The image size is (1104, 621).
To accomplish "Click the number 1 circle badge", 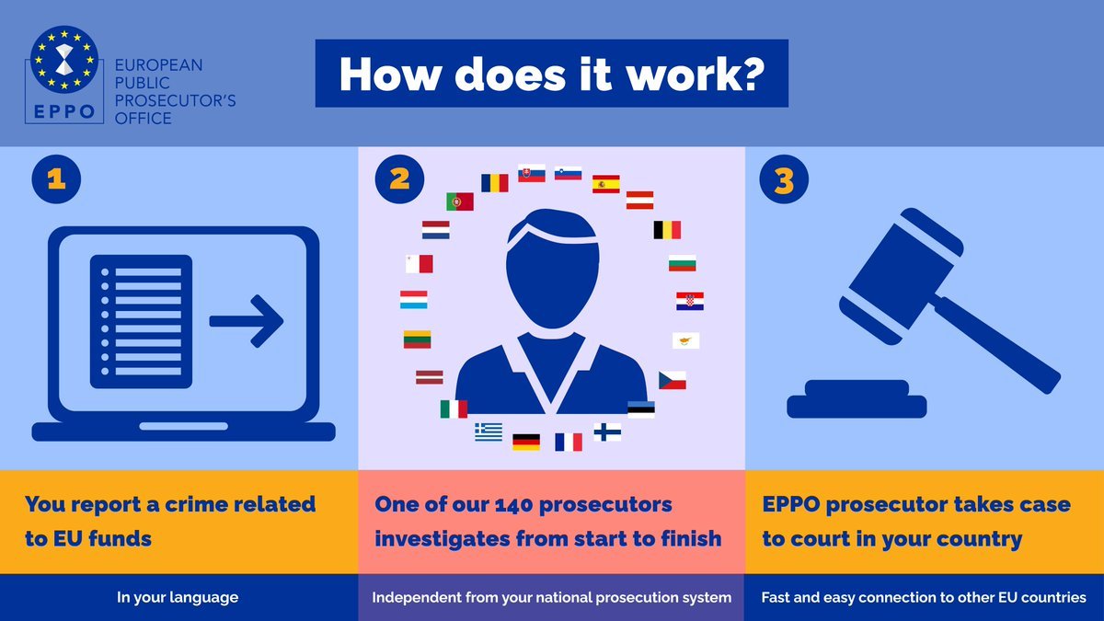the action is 56,178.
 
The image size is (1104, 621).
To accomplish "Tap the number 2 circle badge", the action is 399,178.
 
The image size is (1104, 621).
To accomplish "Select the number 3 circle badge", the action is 784,178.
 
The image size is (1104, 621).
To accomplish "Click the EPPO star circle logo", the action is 64,60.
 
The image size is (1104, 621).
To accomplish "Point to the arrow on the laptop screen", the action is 247,321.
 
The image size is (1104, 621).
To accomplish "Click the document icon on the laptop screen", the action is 141,321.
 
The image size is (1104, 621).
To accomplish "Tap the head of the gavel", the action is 901,276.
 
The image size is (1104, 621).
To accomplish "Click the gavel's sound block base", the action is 857,399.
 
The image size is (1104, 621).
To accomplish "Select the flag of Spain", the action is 605,184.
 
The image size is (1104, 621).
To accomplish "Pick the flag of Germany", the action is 526,442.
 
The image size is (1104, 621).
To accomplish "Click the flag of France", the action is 569,442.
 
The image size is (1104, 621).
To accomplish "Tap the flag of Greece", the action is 489,431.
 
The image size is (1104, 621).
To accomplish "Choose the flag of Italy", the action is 454,409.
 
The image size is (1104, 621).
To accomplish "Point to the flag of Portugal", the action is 460,201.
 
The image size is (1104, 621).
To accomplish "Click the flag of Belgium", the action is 667,230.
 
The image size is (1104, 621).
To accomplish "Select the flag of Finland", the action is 607,432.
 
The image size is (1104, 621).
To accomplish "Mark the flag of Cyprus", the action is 685,340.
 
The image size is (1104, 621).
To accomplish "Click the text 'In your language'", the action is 178,597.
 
